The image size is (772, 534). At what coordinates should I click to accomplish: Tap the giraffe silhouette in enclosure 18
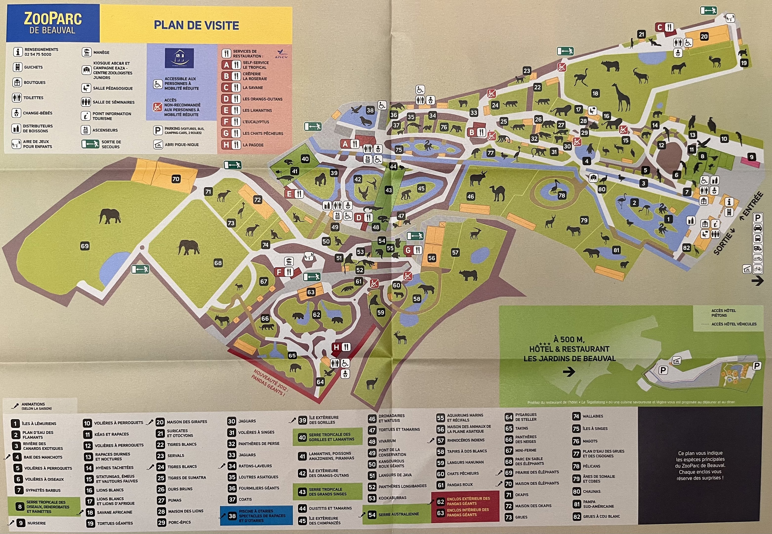coord(621,97)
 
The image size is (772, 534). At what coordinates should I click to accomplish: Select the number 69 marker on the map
coord(85,246)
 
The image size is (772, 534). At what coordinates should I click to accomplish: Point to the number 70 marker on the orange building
coord(176,179)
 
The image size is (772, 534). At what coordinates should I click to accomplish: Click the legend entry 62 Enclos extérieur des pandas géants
coord(465,501)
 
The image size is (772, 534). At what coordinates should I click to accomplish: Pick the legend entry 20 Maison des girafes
coord(182,422)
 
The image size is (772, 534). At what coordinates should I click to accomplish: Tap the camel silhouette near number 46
coord(497,193)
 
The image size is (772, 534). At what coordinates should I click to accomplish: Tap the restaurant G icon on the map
coord(412,250)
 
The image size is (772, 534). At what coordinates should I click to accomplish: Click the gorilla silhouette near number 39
coord(320,179)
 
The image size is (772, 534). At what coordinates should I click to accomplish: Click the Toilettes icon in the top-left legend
coord(17,98)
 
